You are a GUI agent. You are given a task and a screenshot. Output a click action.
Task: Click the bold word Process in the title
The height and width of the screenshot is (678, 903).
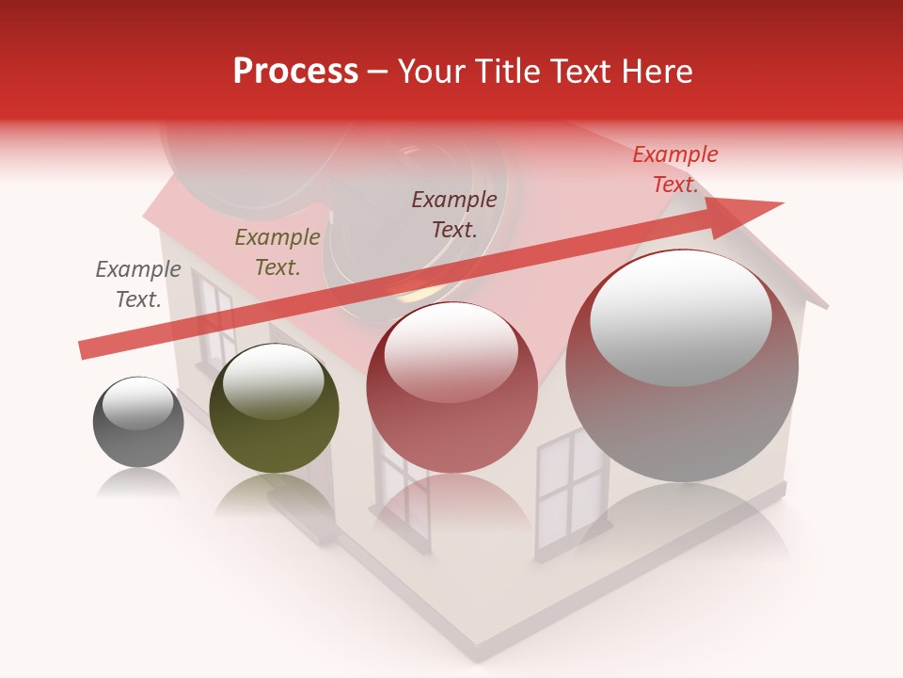[x=295, y=72]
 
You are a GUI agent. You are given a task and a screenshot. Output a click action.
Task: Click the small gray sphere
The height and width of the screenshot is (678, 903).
[x=138, y=422]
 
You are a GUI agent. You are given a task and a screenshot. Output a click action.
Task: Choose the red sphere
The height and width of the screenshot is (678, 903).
[x=451, y=388]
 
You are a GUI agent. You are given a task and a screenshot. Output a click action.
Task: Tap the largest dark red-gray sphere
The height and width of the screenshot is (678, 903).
[x=682, y=367]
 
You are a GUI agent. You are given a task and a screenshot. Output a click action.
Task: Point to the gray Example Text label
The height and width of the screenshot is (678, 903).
[x=138, y=283]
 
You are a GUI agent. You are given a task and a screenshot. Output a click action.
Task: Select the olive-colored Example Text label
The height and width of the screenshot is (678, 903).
[x=277, y=252]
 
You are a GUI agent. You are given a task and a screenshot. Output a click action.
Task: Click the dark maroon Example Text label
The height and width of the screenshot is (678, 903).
[x=454, y=214]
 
